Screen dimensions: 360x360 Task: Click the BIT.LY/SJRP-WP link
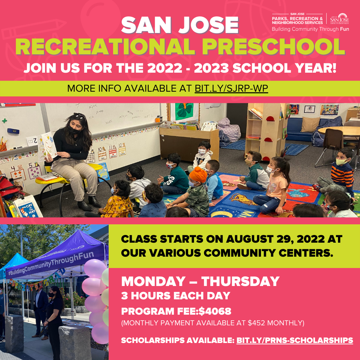click(x=231, y=89)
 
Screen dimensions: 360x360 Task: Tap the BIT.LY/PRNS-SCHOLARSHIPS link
click(x=295, y=340)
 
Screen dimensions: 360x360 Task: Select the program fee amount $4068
click(x=215, y=311)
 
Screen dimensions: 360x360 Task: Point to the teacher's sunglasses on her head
click(x=80, y=116)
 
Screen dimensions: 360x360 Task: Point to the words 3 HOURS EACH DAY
click(x=176, y=296)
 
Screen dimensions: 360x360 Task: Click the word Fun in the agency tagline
click(x=344, y=29)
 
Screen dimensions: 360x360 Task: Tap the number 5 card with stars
click(x=34, y=170)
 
